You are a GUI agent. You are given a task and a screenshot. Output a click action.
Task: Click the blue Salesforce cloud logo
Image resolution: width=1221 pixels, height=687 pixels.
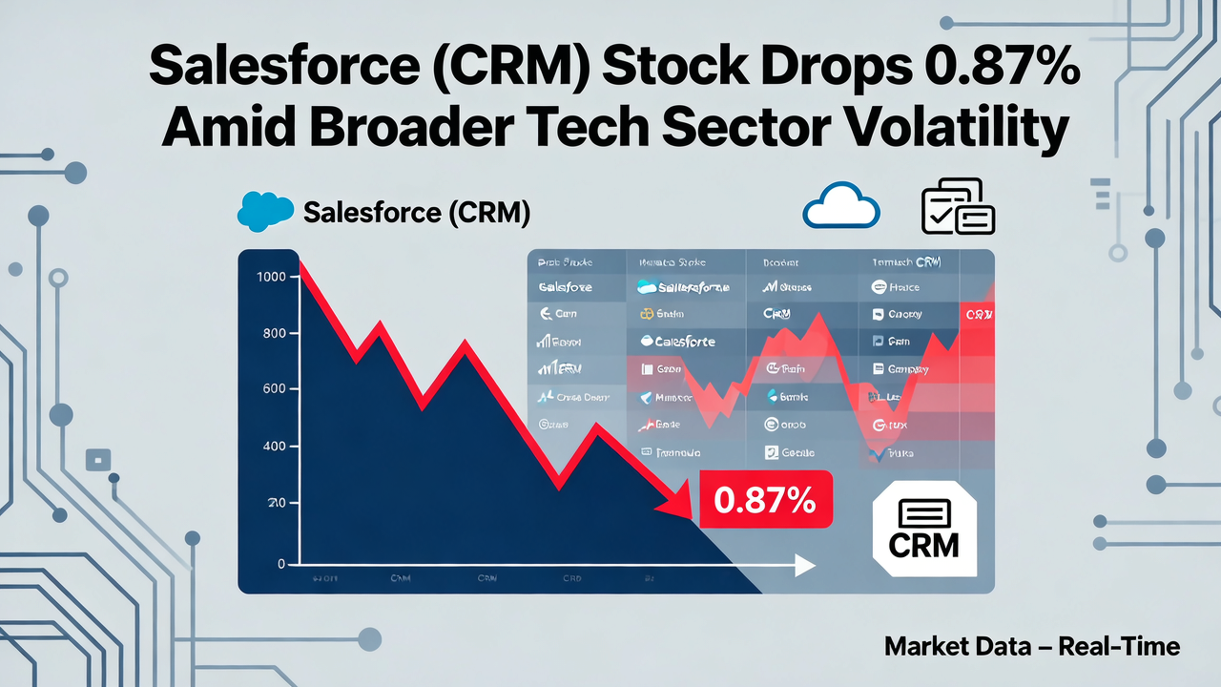pyautogui.click(x=265, y=211)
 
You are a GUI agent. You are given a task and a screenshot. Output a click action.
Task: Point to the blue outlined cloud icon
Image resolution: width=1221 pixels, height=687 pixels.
pyautogui.click(x=840, y=206)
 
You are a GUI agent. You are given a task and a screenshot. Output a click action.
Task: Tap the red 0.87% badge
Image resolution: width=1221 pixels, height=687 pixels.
pyautogui.click(x=766, y=499)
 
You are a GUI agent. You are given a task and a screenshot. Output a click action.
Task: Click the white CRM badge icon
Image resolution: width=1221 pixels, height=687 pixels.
pyautogui.click(x=923, y=530)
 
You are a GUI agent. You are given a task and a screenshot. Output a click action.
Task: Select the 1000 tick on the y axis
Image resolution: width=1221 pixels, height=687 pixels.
pyautogui.click(x=271, y=277)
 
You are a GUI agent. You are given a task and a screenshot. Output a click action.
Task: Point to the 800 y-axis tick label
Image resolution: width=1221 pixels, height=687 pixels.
pyautogui.click(x=275, y=334)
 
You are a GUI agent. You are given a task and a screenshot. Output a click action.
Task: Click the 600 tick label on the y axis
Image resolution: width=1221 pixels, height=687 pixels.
pyautogui.click(x=275, y=389)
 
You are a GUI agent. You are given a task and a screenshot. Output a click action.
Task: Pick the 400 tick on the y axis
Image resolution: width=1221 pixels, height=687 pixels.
pyautogui.click(x=275, y=447)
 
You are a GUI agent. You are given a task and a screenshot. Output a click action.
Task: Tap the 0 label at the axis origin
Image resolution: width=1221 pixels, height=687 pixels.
pyautogui.click(x=281, y=564)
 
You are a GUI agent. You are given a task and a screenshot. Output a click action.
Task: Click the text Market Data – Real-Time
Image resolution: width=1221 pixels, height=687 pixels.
pyautogui.click(x=1032, y=646)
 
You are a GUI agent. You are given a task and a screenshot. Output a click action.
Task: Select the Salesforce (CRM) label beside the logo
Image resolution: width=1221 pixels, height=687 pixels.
pyautogui.click(x=416, y=212)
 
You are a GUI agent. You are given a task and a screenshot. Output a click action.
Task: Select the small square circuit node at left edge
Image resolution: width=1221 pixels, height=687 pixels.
pyautogui.click(x=98, y=460)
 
